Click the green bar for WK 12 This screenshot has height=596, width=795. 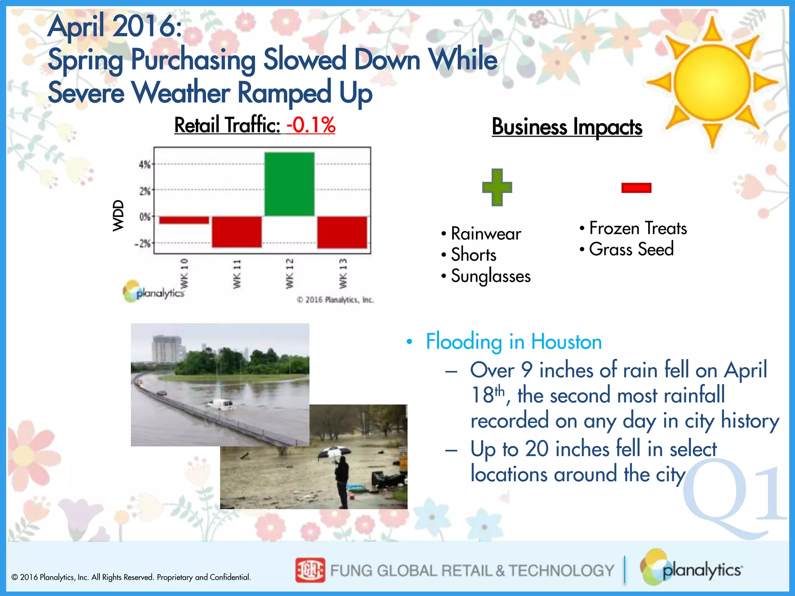[x=289, y=184]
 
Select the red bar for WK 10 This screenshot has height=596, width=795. [x=184, y=220]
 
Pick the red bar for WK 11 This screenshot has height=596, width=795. [x=236, y=232]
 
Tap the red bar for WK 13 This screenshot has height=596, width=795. [x=342, y=232]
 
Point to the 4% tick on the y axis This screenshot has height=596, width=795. [x=145, y=165]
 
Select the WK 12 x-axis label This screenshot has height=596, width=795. [x=290, y=274]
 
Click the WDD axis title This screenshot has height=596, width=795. [x=118, y=216]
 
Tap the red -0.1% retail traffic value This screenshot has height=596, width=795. [x=311, y=125]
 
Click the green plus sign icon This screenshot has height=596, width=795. [x=497, y=187]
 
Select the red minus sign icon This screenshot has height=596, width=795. [x=636, y=188]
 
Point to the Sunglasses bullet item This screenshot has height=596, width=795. [x=490, y=276]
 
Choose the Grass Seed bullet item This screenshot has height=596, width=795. [x=631, y=249]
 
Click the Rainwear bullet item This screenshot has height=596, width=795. [x=486, y=234]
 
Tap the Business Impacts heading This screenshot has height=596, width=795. [x=567, y=127]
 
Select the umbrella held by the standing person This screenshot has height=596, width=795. [x=334, y=452]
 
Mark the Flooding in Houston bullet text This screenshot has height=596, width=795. [x=514, y=341]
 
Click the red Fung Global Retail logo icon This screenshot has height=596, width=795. [x=310, y=570]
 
